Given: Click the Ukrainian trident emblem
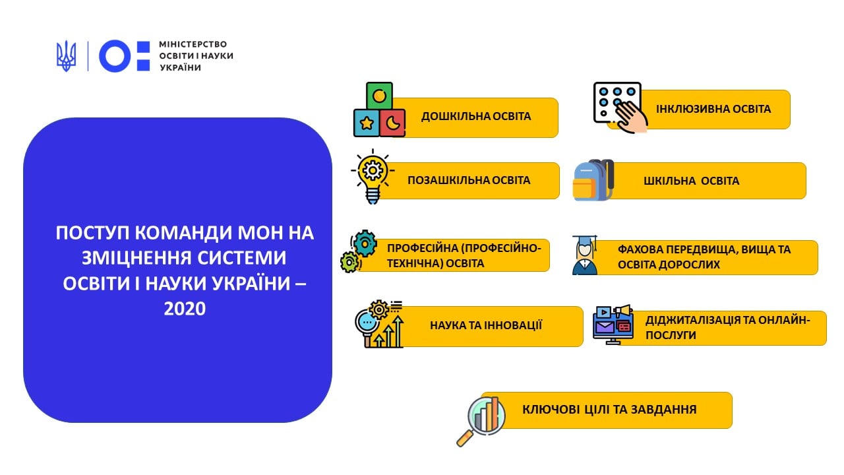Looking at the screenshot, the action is click(x=66, y=56).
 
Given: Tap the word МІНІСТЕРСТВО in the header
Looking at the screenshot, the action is click(x=193, y=44).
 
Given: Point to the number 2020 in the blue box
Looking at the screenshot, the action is click(x=185, y=309).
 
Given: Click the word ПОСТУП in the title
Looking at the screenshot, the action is click(x=93, y=233).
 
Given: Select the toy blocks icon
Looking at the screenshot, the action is click(x=379, y=110).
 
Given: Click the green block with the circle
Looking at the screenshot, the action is click(x=379, y=96).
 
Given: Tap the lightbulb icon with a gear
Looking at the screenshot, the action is click(x=373, y=176).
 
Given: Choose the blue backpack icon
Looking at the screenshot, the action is click(x=593, y=180).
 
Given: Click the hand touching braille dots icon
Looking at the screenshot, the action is click(x=620, y=108).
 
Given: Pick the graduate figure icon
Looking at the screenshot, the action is click(x=585, y=255).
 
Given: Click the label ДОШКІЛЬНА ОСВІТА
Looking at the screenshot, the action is click(x=476, y=116).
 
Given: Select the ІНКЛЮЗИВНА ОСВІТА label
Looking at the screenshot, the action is click(x=713, y=109).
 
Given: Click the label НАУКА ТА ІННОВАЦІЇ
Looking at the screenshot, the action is click(x=486, y=325).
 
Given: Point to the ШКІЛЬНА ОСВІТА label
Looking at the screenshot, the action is click(x=692, y=181).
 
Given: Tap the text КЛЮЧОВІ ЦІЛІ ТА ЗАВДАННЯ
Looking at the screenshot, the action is click(x=609, y=410).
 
